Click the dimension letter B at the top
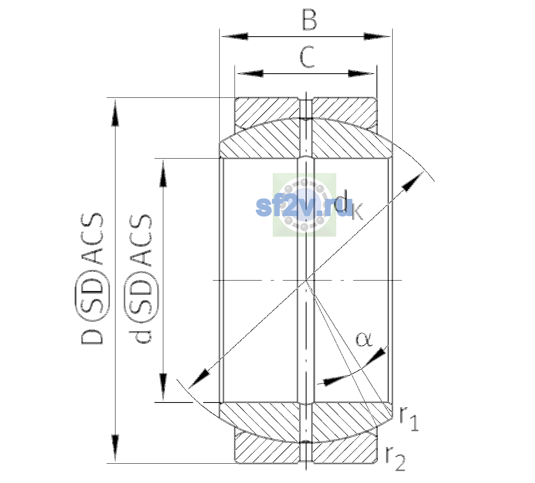point(310,20)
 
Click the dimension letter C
point(307,57)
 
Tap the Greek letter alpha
point(364,340)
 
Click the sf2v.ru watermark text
point(304,207)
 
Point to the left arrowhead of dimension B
point(235,37)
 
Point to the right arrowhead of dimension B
point(377,37)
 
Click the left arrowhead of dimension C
point(250,73)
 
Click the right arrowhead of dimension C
point(361,73)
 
